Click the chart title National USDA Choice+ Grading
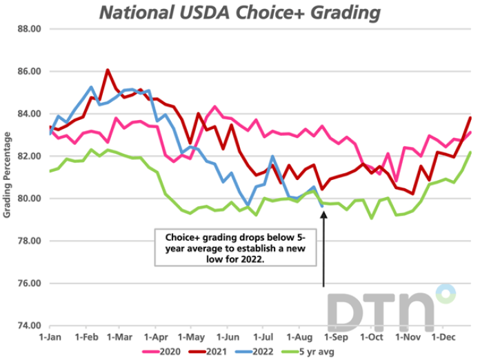tap(239, 12)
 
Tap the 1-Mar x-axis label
tap(121, 338)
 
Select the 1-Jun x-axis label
tap(228, 338)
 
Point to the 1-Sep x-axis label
tap(336, 338)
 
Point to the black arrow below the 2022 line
tap(323, 248)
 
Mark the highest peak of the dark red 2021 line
tap(108, 70)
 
